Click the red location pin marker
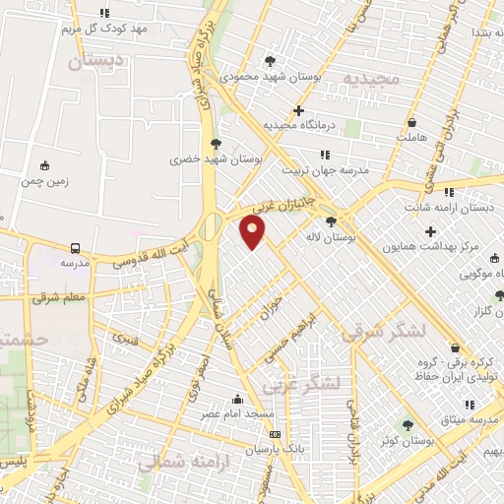pyautogui.click(x=253, y=232)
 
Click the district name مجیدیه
pyautogui.click(x=370, y=77)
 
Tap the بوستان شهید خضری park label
pyautogui.click(x=200, y=157)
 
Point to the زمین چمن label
pyautogui.click(x=43, y=181)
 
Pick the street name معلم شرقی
pyautogui.click(x=60, y=295)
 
